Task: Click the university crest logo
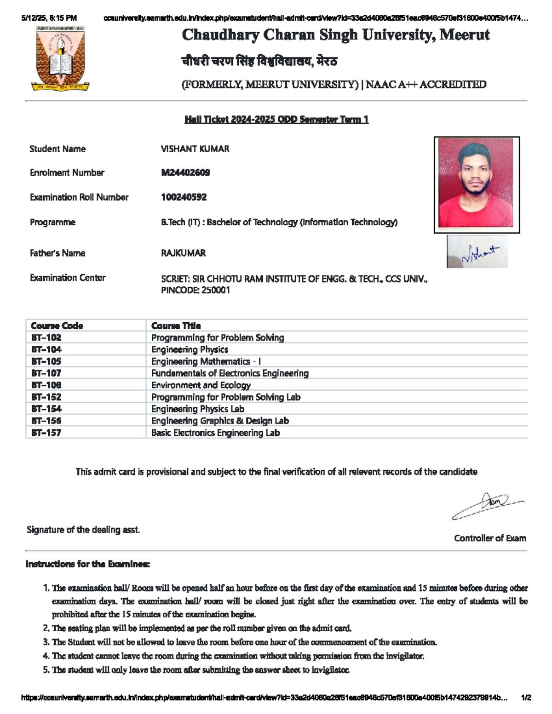click(x=60, y=58)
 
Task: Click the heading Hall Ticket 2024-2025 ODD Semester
click(x=276, y=120)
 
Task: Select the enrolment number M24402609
click(x=185, y=173)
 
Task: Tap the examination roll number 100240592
click(x=184, y=197)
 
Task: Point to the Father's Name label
click(x=57, y=253)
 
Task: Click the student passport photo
click(x=476, y=184)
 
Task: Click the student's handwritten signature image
click(x=477, y=252)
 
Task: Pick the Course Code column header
click(x=57, y=326)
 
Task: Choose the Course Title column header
click(x=176, y=326)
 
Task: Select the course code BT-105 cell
click(x=46, y=361)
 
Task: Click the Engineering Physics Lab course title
click(x=198, y=409)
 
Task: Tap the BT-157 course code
click(x=46, y=433)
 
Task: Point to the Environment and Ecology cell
click(x=201, y=385)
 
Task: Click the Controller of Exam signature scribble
click(x=488, y=505)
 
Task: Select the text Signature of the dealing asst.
click(x=83, y=530)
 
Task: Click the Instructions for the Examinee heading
click(x=87, y=564)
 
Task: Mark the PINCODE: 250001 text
click(x=195, y=290)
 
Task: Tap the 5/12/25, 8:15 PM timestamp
click(x=49, y=18)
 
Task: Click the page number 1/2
click(x=526, y=697)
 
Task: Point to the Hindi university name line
click(x=259, y=61)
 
